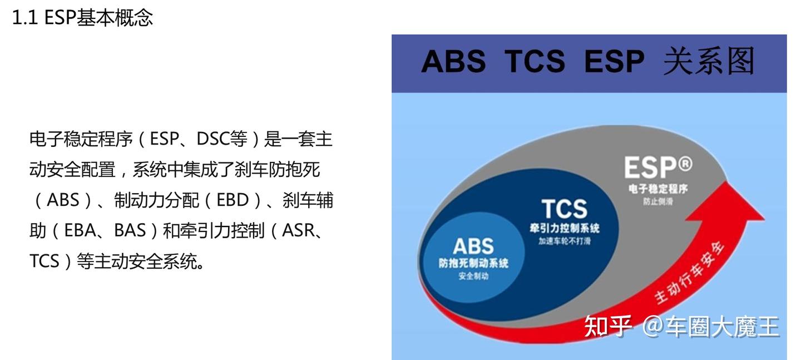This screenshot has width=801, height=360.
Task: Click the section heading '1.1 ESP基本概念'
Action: point(82,18)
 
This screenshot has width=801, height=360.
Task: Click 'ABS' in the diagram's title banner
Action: point(453,61)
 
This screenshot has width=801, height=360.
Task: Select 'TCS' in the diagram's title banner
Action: point(535,61)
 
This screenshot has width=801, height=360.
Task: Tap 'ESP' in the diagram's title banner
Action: point(614,61)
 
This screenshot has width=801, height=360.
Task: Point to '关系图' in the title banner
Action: point(708,61)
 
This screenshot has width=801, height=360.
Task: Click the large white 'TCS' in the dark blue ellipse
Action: point(564,209)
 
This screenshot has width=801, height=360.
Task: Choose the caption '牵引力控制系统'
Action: point(564,229)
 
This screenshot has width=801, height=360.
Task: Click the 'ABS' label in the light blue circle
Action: point(473,246)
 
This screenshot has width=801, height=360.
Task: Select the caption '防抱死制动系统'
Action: point(473,263)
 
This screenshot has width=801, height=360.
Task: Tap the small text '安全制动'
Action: point(473,277)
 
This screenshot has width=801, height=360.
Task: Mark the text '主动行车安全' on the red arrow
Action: point(690,273)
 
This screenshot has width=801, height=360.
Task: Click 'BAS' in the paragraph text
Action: point(129,231)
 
